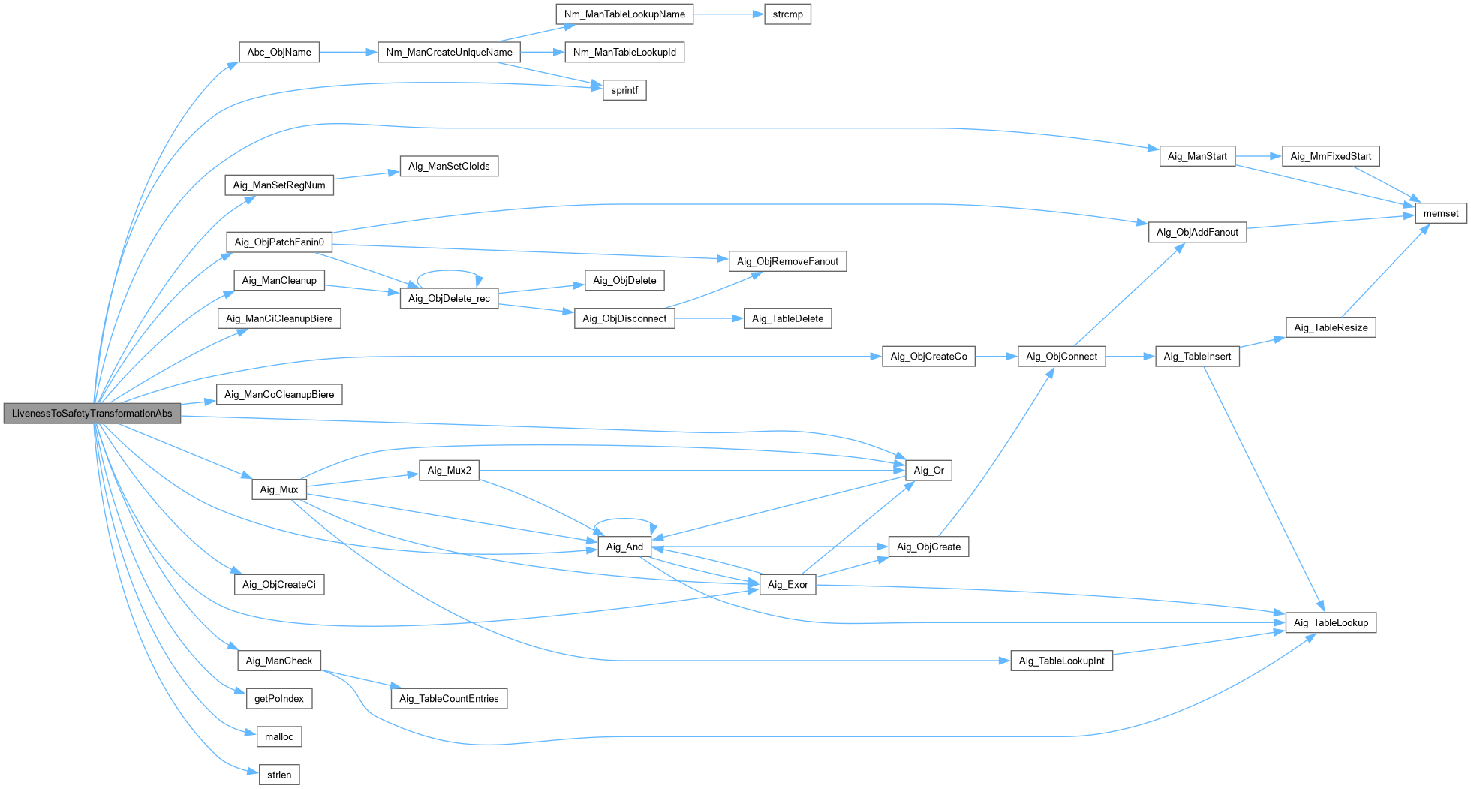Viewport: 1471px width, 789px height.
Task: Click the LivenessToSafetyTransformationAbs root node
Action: click(92, 414)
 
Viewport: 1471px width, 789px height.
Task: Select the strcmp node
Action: click(787, 14)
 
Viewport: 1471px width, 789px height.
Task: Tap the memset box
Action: click(1441, 214)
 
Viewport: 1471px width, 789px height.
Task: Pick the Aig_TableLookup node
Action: click(1331, 623)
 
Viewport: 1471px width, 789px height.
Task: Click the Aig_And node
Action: click(624, 547)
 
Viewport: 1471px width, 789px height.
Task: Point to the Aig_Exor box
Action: click(788, 585)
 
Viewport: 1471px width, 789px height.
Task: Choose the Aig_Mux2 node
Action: click(449, 471)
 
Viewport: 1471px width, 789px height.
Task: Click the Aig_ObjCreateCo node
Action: click(928, 357)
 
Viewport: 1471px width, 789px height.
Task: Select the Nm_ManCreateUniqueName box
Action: click(449, 53)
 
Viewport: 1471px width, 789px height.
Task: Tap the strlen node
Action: click(279, 775)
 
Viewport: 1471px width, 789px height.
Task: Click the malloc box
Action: click(279, 737)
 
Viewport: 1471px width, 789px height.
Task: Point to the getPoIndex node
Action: click(279, 699)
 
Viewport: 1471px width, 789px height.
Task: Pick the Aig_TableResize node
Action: click(1331, 328)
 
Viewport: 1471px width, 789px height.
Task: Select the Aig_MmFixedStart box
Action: click(1331, 157)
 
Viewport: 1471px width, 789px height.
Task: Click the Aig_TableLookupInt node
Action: click(1061, 661)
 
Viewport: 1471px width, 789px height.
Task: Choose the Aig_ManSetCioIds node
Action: click(449, 167)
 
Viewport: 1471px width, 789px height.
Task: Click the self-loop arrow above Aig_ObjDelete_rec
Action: click(449, 270)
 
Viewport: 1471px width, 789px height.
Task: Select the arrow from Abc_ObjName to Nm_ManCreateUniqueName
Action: click(348, 53)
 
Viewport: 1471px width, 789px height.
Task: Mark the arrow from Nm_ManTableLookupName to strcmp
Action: click(729, 14)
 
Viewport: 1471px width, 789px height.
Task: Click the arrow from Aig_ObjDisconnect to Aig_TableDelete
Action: click(709, 319)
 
